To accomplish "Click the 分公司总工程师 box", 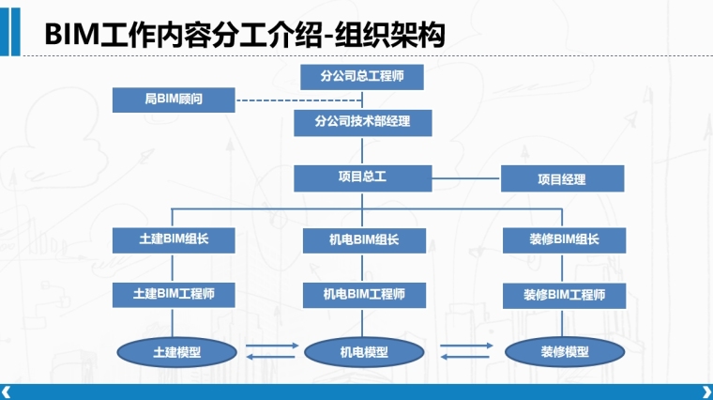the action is (362, 77).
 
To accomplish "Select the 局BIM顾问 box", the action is (174, 100).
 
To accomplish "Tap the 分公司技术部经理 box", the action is (363, 123).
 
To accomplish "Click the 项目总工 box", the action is (363, 178).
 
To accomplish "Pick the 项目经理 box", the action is (563, 178).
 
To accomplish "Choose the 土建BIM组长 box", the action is (174, 240).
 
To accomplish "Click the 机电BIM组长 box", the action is (364, 240).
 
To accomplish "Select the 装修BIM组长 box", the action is (565, 240).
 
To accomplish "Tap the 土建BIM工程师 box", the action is (174, 295).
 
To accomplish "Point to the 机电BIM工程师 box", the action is (364, 295).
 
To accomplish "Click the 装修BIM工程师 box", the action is (565, 296).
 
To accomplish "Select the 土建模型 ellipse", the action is (177, 352).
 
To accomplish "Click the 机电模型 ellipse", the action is (364, 352).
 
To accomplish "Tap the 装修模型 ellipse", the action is (565, 352).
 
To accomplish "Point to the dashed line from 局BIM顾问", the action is (299, 100).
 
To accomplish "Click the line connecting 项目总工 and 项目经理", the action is (466, 178).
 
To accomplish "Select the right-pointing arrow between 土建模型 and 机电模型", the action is (272, 346).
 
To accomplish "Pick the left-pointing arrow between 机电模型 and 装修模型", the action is (464, 357).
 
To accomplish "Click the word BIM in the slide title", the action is (72, 35).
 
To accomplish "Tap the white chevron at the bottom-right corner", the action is (706, 392).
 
